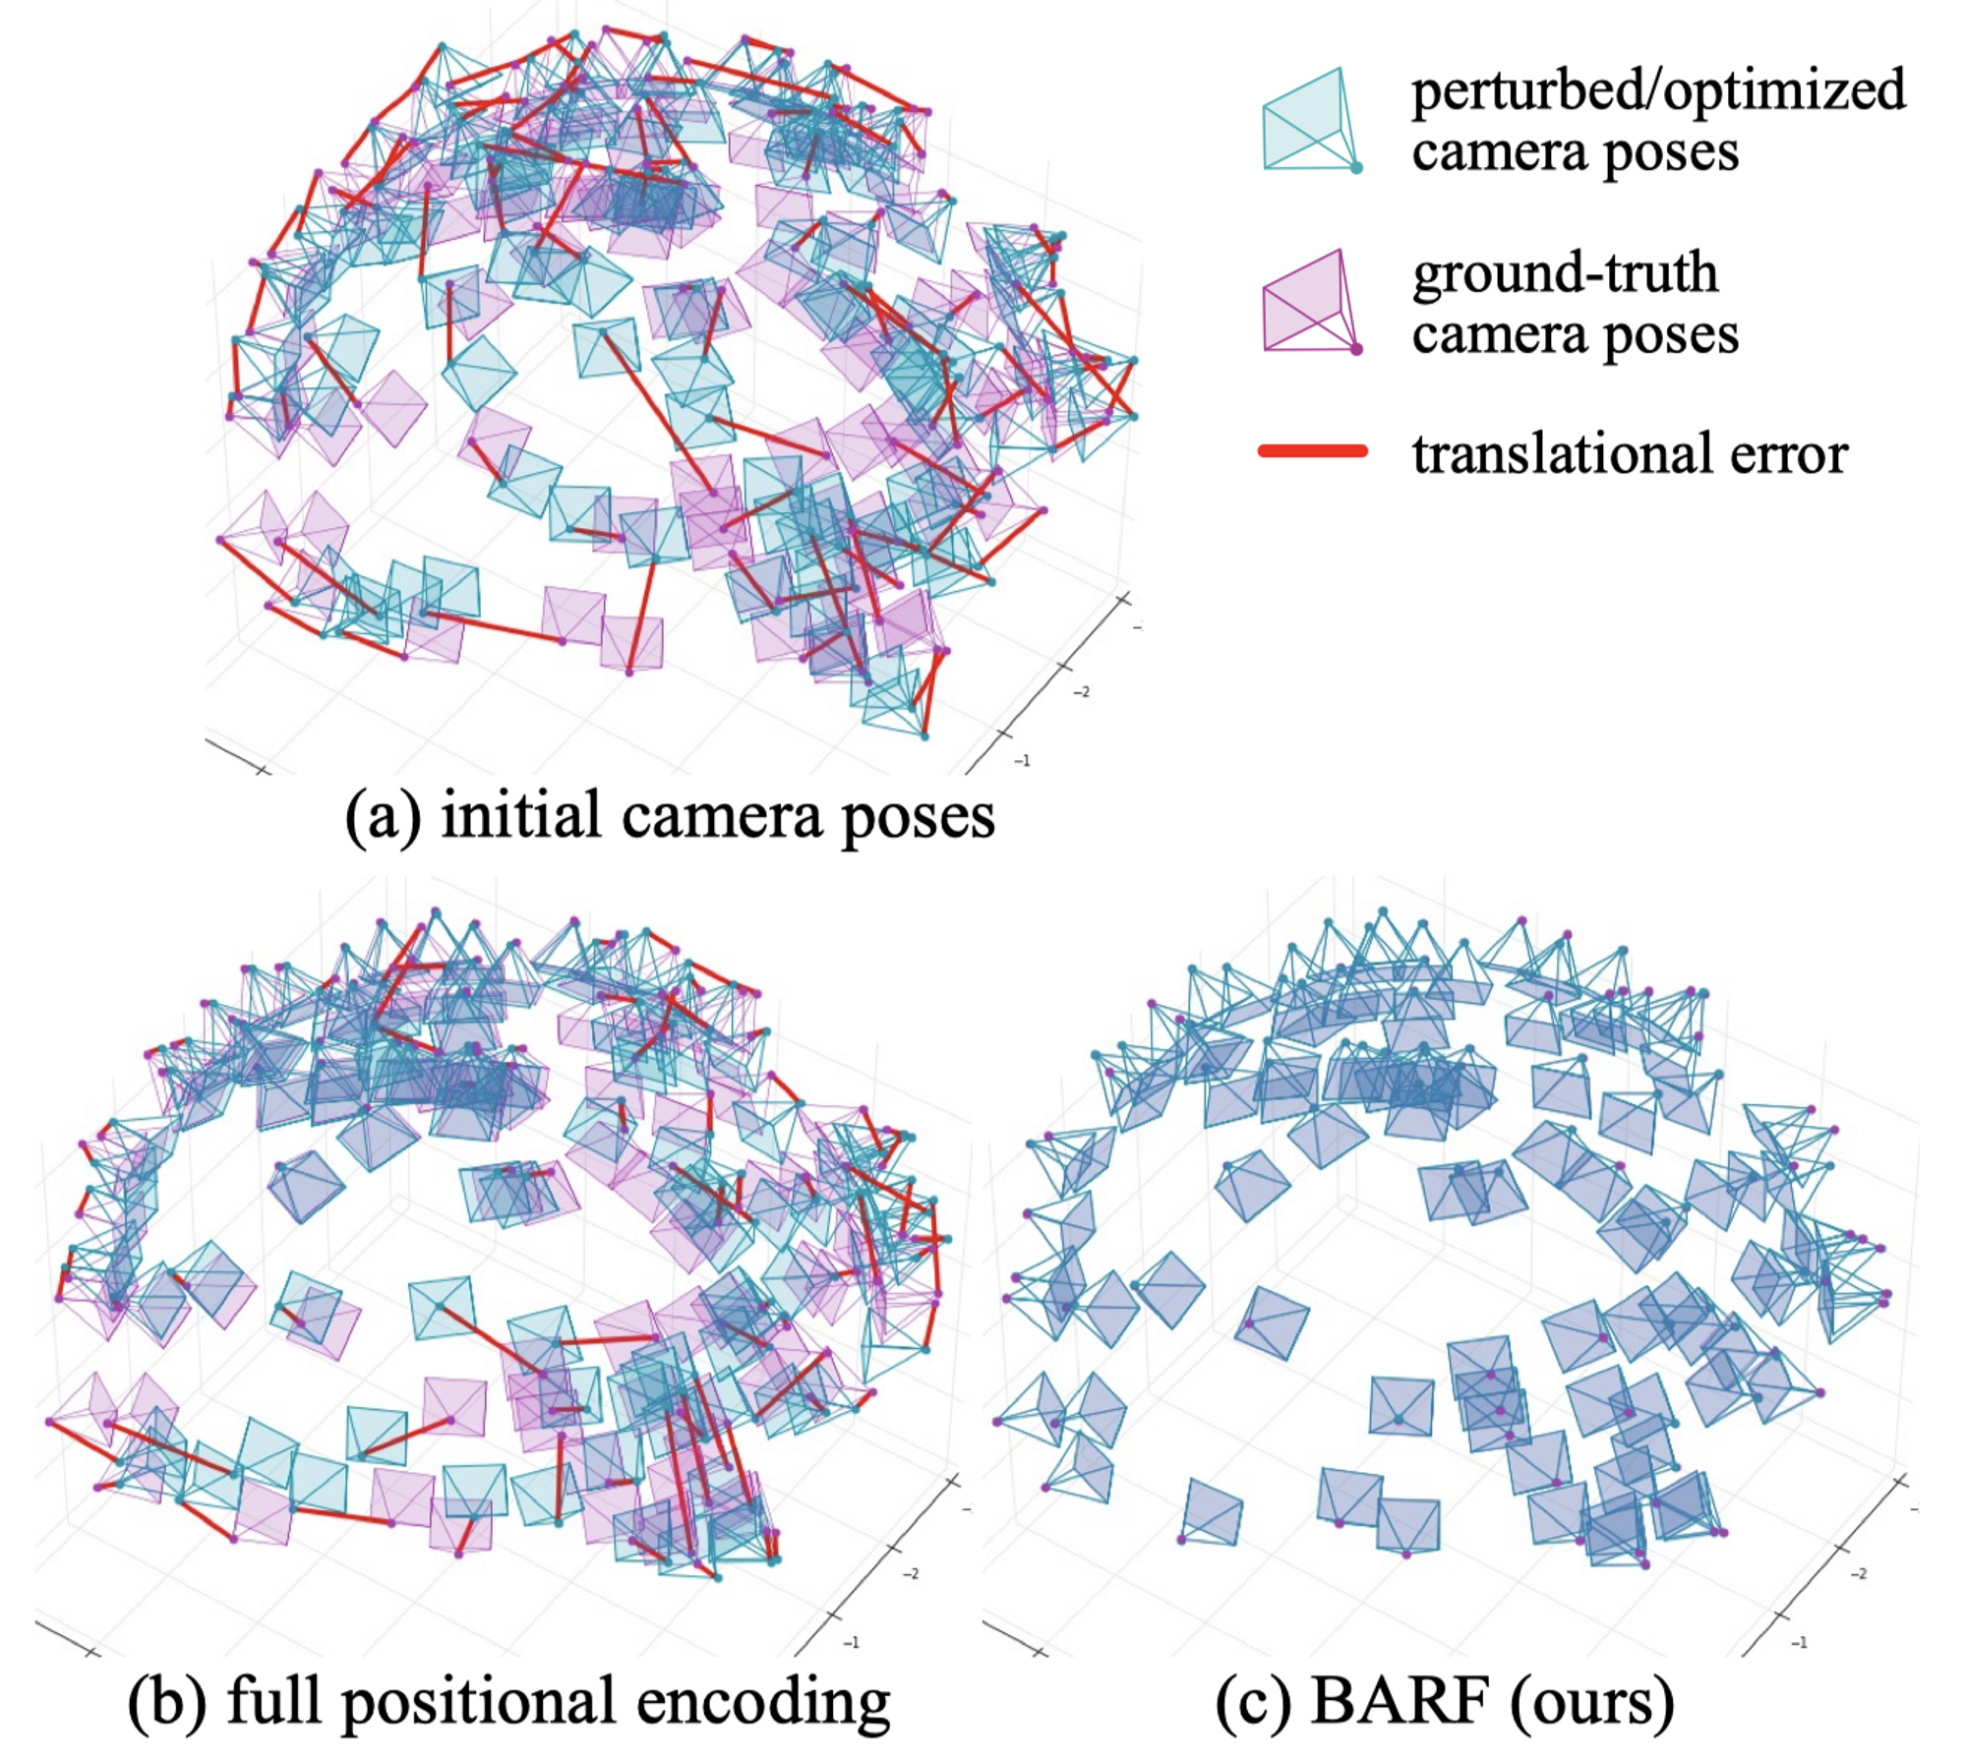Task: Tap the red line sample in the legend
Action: coord(1312,451)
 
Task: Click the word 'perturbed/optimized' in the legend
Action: coord(1658,91)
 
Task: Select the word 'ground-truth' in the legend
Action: coord(1565,273)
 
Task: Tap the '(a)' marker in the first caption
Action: coord(383,817)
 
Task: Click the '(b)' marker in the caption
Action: coord(167,1702)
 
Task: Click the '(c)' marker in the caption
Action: coord(1253,1702)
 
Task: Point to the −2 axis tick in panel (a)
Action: coord(1081,692)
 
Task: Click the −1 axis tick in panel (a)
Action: coord(1022,761)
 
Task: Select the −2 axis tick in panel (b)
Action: coord(911,1573)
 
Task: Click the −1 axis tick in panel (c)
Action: coord(1799,1642)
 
